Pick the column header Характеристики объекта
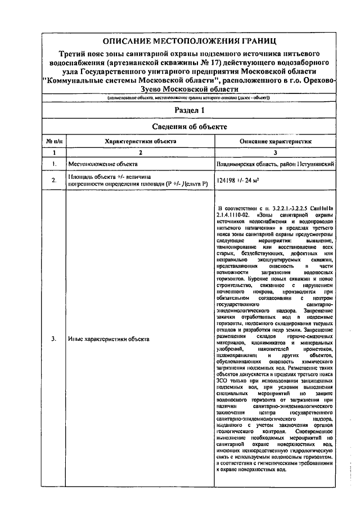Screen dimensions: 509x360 (141, 142)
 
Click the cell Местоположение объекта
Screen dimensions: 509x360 (103, 164)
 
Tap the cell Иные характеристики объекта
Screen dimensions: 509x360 (109, 339)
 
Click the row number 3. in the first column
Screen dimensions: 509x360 (54, 339)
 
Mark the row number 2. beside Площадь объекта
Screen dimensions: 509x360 (54, 181)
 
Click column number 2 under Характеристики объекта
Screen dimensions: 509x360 (141, 152)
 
